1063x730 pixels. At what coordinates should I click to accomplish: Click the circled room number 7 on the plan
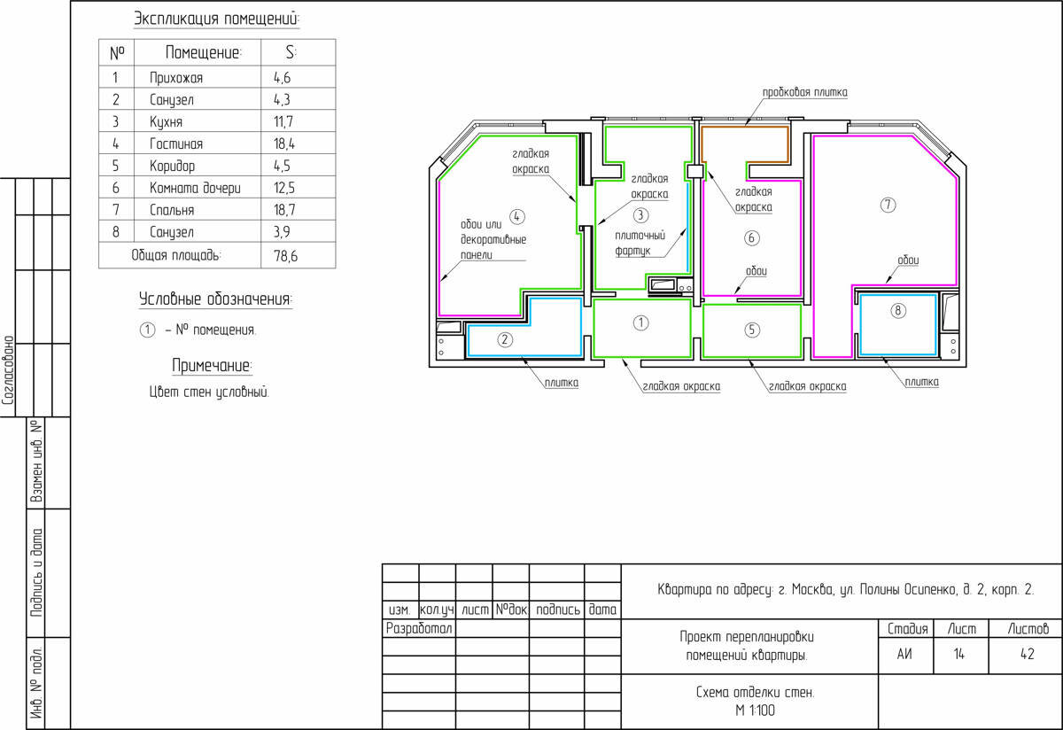tap(888, 205)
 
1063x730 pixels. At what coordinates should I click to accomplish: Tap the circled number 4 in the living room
tap(516, 217)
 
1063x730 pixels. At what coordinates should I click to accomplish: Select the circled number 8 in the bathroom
tap(897, 310)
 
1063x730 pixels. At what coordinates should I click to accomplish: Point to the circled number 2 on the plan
tap(504, 339)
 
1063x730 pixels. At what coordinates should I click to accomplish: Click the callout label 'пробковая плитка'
tap(805, 92)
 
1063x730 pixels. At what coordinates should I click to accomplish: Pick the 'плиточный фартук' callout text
tap(640, 243)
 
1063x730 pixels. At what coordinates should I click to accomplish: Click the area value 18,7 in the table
tap(284, 210)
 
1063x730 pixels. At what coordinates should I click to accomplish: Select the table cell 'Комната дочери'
tap(195, 188)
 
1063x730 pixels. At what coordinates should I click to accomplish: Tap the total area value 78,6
tap(285, 256)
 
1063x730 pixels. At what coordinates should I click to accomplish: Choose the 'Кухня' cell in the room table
tap(167, 122)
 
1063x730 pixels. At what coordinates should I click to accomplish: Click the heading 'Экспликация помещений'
tap(217, 19)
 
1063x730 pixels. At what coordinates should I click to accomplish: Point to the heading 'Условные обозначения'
tap(216, 299)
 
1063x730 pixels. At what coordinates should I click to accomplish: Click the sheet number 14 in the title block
tap(959, 654)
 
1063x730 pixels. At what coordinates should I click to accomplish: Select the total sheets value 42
tap(1028, 654)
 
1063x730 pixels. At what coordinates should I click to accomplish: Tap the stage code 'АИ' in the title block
tap(904, 654)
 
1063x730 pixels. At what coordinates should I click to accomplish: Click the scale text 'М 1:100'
tap(755, 711)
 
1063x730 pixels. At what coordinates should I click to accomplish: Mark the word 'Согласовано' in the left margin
tap(8, 370)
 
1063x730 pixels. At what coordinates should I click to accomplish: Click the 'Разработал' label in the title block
tap(419, 628)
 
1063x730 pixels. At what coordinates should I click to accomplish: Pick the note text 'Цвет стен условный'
tap(209, 392)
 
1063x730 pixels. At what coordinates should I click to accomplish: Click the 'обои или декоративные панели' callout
tap(493, 240)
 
